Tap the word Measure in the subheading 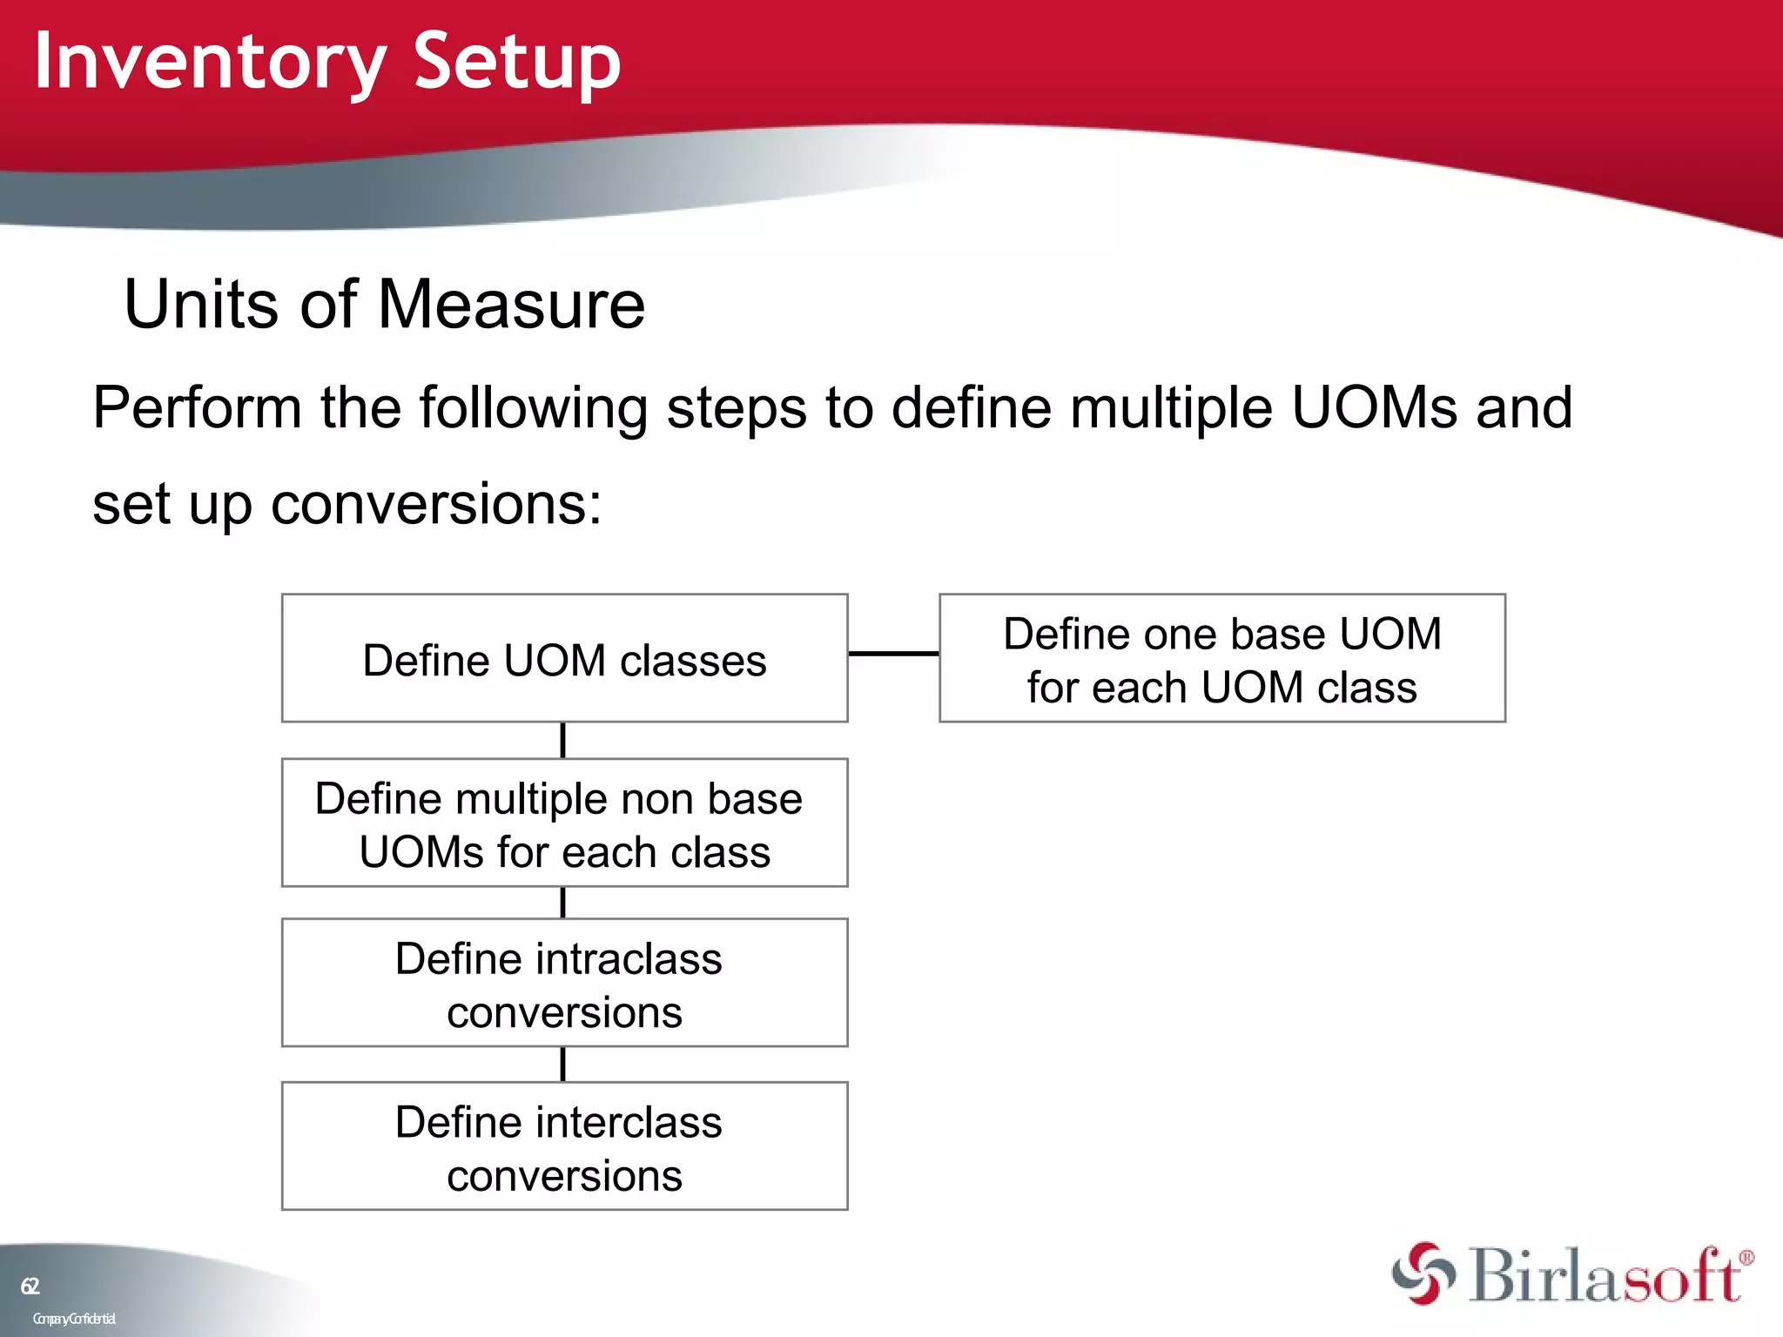click(x=511, y=305)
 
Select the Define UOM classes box click(x=564, y=659)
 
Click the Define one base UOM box click(x=1221, y=659)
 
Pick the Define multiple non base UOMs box click(x=564, y=823)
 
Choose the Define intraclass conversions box click(x=564, y=984)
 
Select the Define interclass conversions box click(x=564, y=1146)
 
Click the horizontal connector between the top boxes click(x=893, y=653)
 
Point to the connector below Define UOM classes click(x=563, y=741)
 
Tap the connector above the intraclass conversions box click(x=563, y=903)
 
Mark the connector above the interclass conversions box click(x=563, y=1064)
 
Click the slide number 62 click(x=30, y=1286)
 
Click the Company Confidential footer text click(x=74, y=1319)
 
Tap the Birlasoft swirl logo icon click(x=1423, y=1273)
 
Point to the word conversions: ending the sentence click(x=436, y=504)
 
